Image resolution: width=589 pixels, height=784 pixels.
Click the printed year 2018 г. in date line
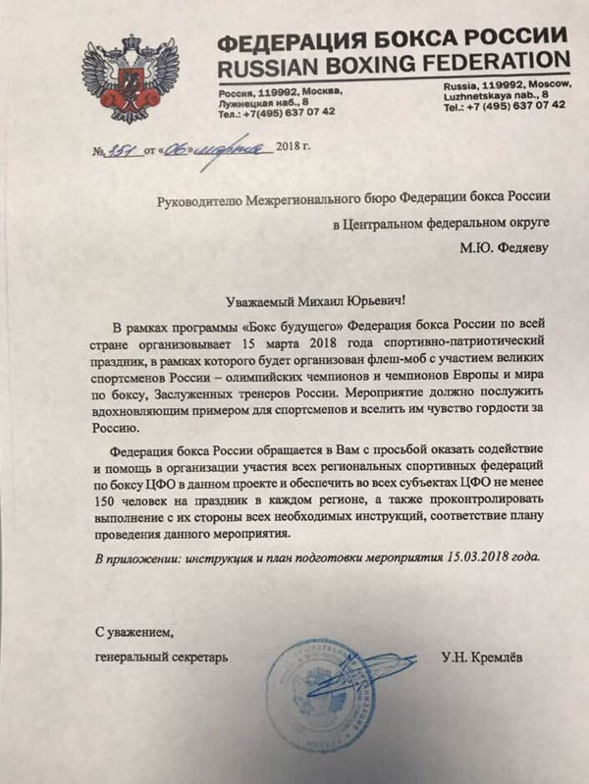coord(300,150)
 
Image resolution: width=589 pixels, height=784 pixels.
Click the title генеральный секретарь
coord(162,656)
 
